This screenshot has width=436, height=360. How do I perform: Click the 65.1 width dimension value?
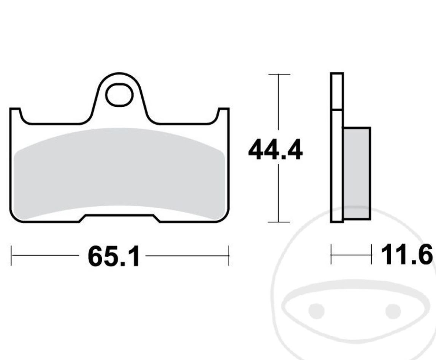(x=114, y=257)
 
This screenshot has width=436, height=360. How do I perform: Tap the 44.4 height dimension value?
(x=275, y=151)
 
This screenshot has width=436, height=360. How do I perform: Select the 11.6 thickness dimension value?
(x=406, y=254)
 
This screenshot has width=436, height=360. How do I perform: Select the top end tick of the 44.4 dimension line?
(x=279, y=74)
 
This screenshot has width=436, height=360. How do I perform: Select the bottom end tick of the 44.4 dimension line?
(x=279, y=222)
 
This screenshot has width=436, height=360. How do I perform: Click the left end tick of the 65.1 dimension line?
(x=11, y=255)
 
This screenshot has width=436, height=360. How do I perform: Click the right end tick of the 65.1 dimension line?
(x=228, y=255)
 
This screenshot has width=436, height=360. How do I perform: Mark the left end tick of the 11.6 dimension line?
(x=331, y=254)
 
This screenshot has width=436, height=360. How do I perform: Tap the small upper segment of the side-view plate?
(x=337, y=91)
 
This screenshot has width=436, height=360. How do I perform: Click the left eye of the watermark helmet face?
(x=316, y=311)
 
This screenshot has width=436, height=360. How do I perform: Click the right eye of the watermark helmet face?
(x=393, y=311)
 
